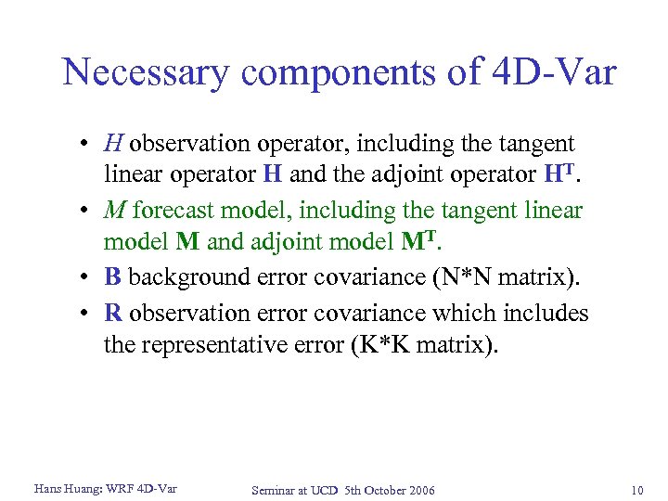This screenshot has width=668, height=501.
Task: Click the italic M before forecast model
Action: pos(115,211)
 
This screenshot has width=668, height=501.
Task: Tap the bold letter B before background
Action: pos(113,277)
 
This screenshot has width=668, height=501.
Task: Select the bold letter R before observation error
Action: pos(113,314)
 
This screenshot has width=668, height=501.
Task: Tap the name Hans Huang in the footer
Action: pos(69,488)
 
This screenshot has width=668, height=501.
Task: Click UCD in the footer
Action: pos(324,490)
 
